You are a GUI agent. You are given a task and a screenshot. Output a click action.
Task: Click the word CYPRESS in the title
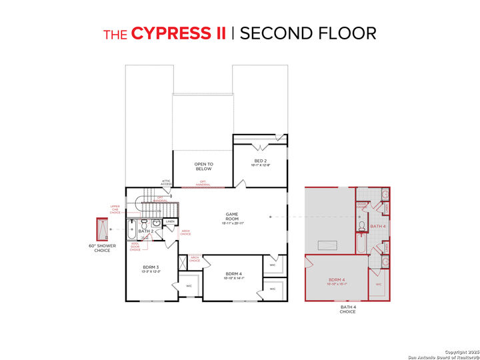(x=178, y=33)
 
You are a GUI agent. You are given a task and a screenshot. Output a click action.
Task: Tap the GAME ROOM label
(x=231, y=217)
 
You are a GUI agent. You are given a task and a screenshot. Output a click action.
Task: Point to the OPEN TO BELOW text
(x=203, y=166)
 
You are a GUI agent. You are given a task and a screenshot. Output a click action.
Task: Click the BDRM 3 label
(x=151, y=268)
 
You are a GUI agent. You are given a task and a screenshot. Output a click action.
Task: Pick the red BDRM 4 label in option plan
(x=336, y=281)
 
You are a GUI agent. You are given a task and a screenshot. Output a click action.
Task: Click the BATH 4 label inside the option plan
(x=378, y=227)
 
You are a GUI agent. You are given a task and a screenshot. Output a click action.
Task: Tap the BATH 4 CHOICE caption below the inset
(x=347, y=309)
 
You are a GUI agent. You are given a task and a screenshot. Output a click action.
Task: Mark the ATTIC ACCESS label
(x=167, y=182)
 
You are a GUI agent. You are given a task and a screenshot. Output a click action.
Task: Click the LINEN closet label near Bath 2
(x=170, y=221)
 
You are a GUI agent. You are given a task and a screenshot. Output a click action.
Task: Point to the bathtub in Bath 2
(x=132, y=229)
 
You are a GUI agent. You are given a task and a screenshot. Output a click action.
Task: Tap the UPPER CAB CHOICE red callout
(x=115, y=209)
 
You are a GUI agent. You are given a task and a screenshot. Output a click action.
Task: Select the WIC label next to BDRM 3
(x=188, y=286)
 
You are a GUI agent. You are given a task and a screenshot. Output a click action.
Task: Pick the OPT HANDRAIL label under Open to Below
(x=203, y=184)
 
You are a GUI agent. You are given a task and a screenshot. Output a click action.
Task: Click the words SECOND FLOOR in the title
(x=308, y=33)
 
